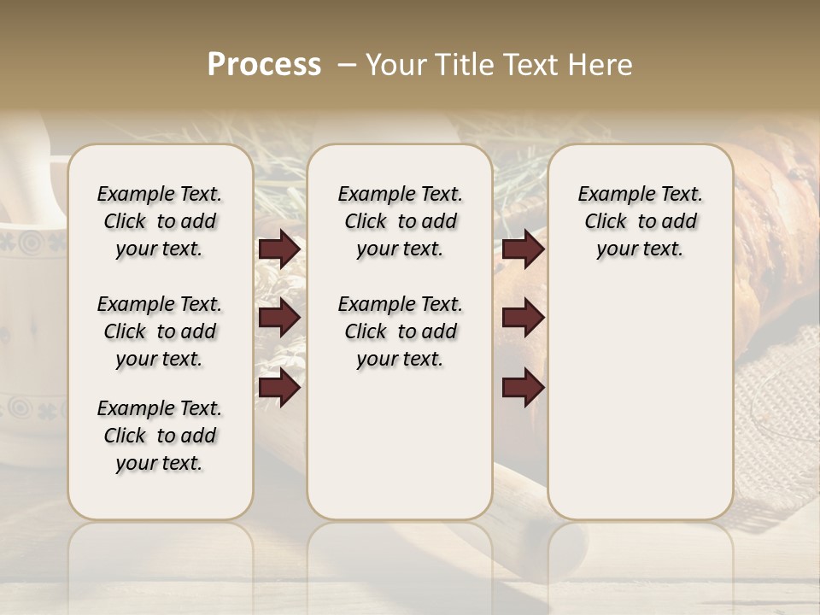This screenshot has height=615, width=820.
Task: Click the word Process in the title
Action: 264,65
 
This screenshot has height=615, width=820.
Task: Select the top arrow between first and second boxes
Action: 279,249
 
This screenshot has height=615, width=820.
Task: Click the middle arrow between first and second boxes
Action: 279,319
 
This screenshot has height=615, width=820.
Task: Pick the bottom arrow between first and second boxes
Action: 279,388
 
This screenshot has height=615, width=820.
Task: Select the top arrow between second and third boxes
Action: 523,249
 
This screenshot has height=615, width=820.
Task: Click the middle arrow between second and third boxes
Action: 523,319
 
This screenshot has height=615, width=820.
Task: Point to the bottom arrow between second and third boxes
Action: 523,388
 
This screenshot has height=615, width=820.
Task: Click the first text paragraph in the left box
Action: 160,221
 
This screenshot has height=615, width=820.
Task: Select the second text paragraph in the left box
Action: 160,331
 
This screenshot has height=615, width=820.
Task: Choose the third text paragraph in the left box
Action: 160,436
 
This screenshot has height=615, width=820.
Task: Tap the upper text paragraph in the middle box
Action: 400,221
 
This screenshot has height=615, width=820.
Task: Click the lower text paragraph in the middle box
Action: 400,331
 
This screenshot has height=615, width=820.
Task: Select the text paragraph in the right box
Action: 640,221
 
